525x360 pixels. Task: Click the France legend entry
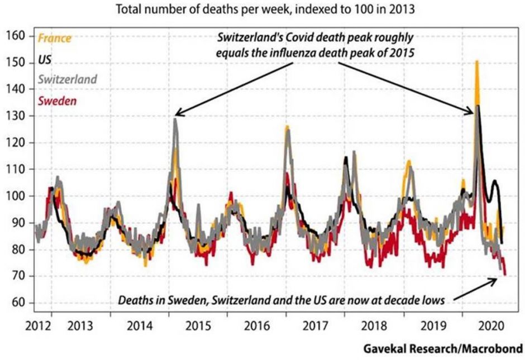point(54,39)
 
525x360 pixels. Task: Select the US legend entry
point(44,60)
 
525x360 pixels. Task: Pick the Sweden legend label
point(58,101)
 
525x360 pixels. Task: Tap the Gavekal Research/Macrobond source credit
point(443,349)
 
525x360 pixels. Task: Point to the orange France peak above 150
point(477,62)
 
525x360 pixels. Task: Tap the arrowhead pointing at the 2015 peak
point(176,114)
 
